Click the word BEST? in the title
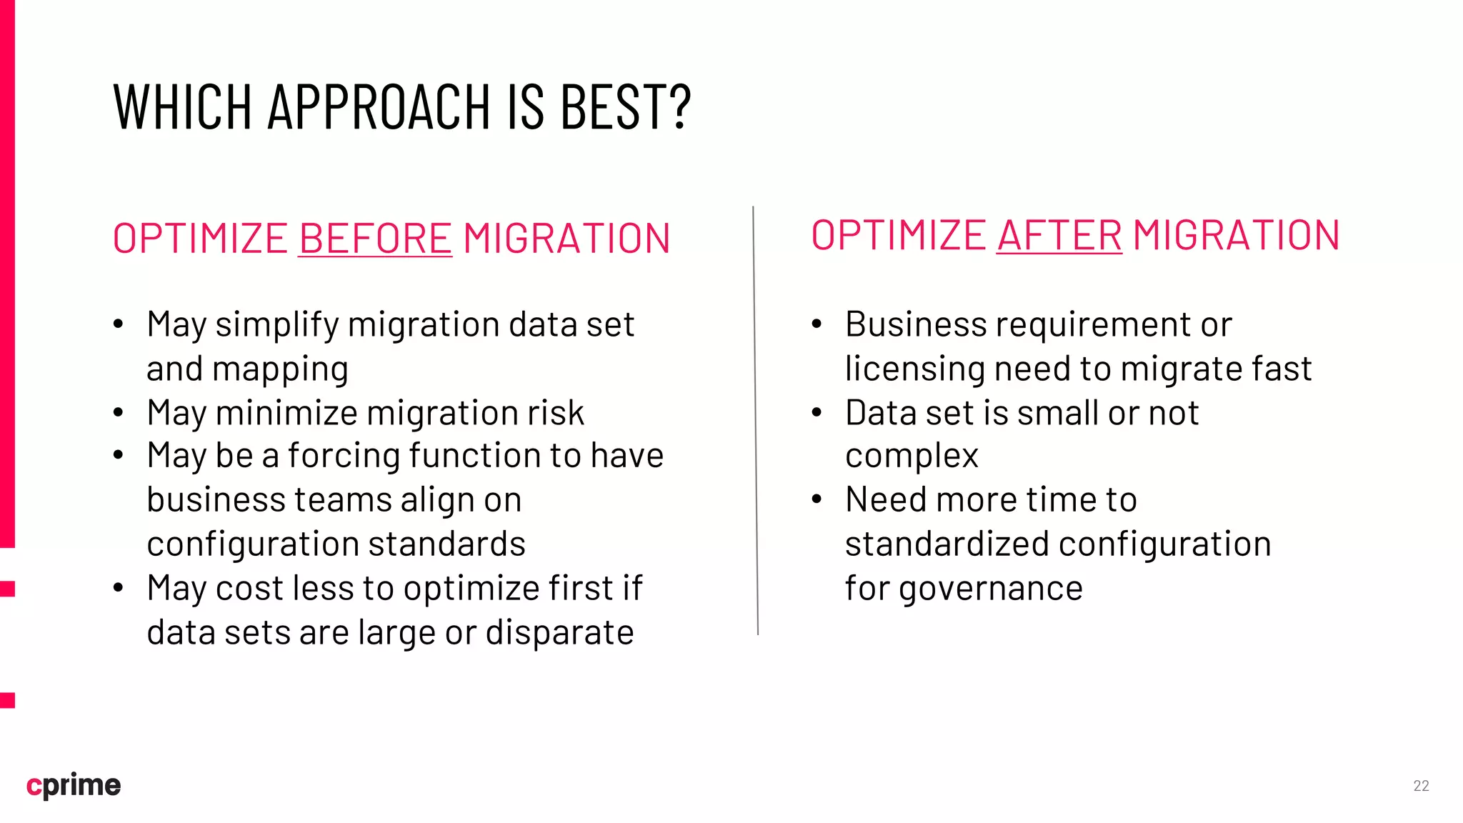625,106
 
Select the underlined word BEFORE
375,239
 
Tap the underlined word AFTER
1059,236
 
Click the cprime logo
74,785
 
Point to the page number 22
1421,786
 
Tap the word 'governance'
990,589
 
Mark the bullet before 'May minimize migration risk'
119,413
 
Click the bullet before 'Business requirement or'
817,325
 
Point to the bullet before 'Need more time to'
817,500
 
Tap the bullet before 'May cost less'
119,589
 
